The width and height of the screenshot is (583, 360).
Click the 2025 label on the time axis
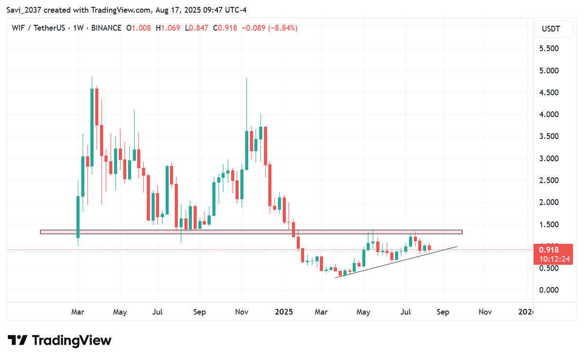(284, 312)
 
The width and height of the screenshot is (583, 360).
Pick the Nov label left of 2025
(241, 312)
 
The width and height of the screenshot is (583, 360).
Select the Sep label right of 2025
(443, 312)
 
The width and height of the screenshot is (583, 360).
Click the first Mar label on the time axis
(78, 312)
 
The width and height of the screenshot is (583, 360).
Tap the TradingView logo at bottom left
(59, 340)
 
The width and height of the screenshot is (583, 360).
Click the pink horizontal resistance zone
(251, 232)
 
